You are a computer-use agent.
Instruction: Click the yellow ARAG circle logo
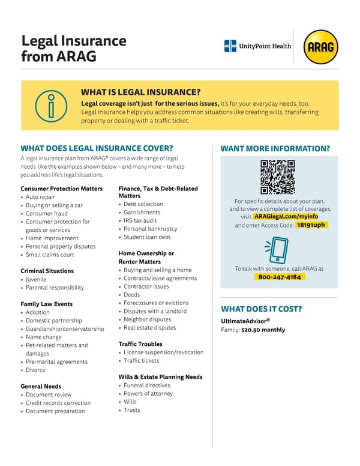321,47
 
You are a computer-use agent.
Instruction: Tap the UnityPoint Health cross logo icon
230,46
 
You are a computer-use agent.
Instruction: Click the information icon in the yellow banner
50,105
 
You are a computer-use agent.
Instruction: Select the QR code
278,177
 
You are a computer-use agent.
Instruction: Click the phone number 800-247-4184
279,277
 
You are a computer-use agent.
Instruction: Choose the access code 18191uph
312,225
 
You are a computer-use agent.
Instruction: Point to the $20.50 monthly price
263,330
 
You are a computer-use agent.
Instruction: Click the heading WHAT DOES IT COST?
262,309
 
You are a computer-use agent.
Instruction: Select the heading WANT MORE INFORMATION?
275,148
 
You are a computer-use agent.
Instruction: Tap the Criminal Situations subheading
47,271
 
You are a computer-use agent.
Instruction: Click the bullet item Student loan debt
147,237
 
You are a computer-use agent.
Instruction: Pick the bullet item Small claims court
50,255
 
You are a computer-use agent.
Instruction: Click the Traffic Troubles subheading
140,344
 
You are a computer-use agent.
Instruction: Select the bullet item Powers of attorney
148,393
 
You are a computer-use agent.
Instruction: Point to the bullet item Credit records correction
58,403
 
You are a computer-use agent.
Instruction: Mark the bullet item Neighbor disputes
147,319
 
